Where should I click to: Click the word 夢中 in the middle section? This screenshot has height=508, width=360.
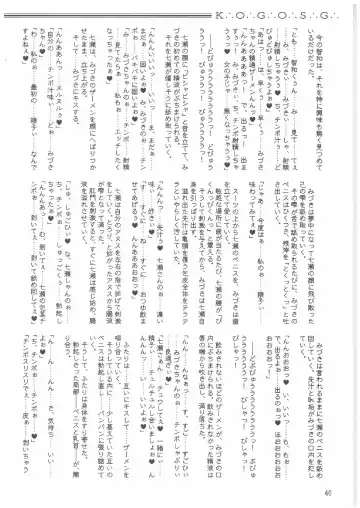(319, 199)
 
